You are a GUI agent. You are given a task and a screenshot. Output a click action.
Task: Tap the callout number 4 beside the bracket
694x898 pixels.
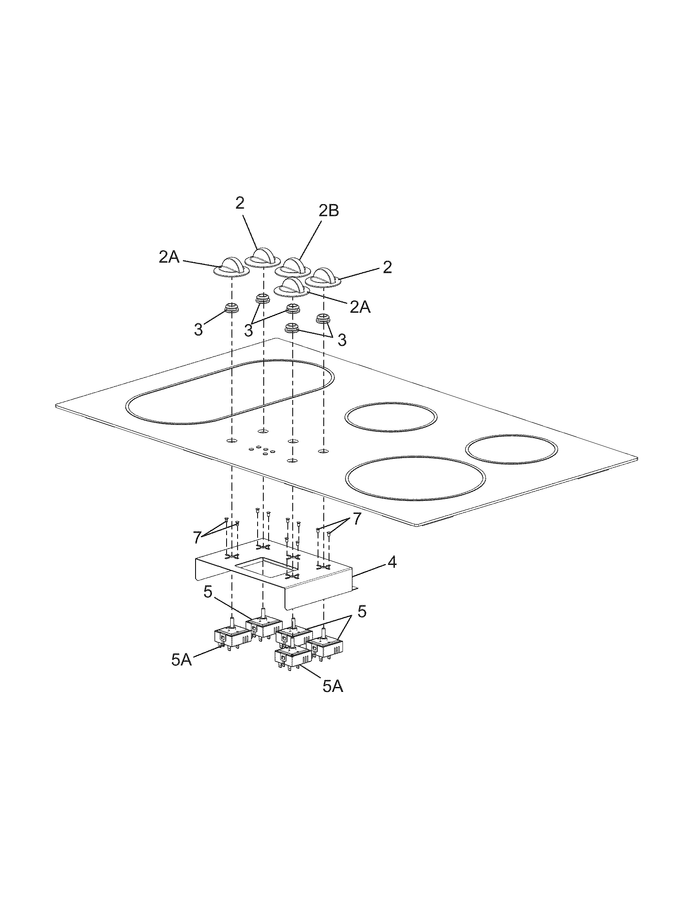click(x=392, y=562)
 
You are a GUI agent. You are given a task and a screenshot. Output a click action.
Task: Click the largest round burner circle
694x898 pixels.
click(x=415, y=478)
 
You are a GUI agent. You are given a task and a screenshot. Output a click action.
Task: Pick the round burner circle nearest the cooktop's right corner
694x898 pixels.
click(x=512, y=449)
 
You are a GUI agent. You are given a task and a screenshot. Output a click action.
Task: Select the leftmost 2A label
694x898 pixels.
click(x=169, y=258)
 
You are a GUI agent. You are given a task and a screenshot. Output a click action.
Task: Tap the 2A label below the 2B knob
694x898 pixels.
click(x=360, y=307)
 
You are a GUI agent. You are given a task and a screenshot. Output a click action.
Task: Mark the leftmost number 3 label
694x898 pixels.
click(x=198, y=329)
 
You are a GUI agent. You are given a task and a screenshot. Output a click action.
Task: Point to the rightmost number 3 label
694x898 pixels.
click(x=342, y=340)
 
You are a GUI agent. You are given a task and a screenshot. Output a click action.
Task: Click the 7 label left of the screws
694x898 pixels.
click(x=197, y=537)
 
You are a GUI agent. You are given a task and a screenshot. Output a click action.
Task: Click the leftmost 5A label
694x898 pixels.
click(x=182, y=671)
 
